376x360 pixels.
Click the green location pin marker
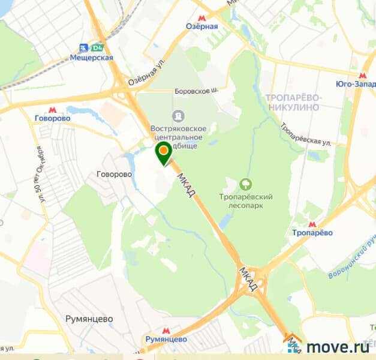coord(163,152)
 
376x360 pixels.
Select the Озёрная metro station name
coord(201,26)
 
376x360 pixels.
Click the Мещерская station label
coord(91,58)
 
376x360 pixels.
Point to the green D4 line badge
coord(97,47)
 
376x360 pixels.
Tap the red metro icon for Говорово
coord(53,109)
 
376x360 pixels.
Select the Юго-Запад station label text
coord(355,85)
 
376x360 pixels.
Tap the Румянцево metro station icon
coord(166,329)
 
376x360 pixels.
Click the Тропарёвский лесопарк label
coord(246,201)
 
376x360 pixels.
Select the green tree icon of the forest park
coord(245,184)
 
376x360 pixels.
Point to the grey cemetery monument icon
coord(178,115)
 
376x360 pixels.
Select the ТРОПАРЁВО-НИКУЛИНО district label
coord(293,103)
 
